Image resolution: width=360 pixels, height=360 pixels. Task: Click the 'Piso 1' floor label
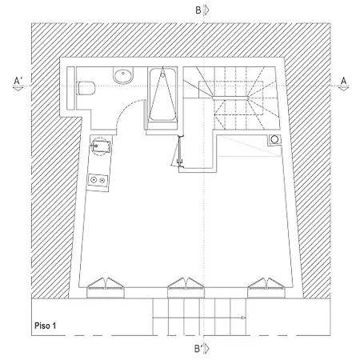point(46,326)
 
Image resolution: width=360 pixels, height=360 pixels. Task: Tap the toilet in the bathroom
point(86,88)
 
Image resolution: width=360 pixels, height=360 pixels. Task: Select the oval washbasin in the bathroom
point(123,75)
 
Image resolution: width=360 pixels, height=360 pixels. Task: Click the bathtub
point(162,94)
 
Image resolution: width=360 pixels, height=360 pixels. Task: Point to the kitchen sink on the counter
point(100,146)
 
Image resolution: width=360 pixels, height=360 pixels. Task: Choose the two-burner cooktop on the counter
point(98,180)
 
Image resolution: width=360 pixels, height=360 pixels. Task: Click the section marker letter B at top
point(198,10)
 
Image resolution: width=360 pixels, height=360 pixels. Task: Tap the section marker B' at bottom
point(198,349)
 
